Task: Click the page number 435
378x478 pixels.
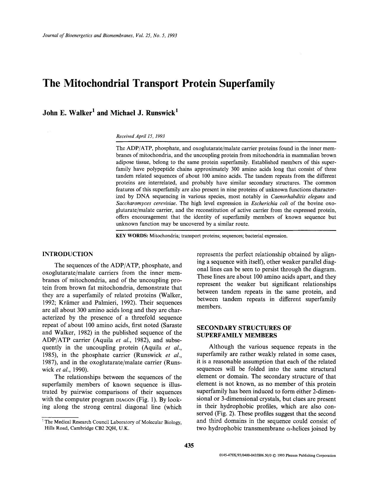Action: click(189, 445)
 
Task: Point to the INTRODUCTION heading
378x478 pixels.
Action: click(68, 254)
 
